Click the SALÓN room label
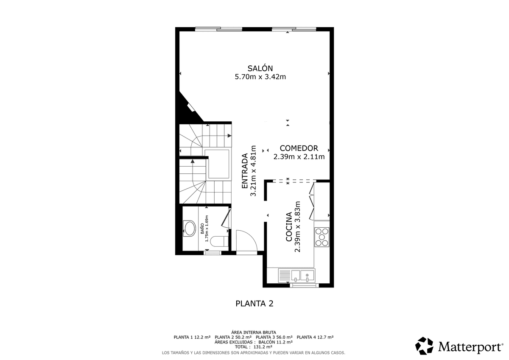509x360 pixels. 260,68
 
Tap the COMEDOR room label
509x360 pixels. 299,148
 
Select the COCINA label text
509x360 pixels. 288,227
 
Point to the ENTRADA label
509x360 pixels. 244,171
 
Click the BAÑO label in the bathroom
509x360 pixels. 202,229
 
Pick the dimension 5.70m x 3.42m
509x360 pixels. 260,77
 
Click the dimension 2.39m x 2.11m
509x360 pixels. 299,157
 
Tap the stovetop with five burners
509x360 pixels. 322,237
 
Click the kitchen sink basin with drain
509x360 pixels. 307,276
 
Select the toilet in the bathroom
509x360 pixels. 219,242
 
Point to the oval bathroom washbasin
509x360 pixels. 190,229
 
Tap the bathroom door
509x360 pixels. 226,218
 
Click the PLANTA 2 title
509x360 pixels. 254,304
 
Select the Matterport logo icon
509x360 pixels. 424,346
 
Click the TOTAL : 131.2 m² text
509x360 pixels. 254,347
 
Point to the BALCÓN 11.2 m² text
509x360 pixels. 276,342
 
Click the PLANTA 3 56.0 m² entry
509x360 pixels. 274,337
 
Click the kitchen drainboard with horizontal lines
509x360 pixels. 285,276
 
